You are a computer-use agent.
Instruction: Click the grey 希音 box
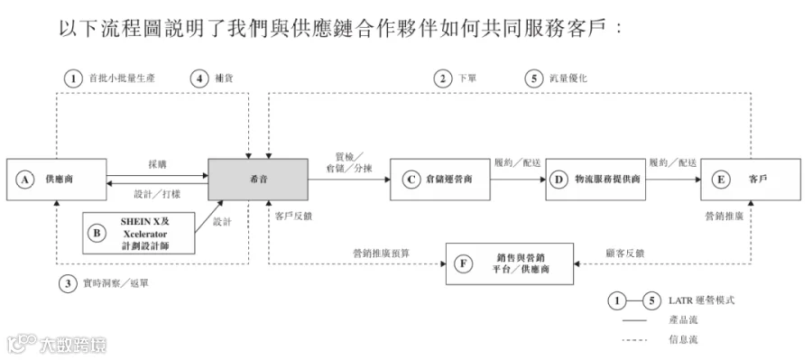[x=258, y=180]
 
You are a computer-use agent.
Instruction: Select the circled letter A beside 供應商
[x=23, y=180]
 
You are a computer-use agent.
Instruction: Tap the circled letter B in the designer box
[x=97, y=233]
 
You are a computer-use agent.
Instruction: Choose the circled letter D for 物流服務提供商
[x=558, y=180]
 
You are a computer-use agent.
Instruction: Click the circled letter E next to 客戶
[x=720, y=180]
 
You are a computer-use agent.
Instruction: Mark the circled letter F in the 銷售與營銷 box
[x=463, y=263]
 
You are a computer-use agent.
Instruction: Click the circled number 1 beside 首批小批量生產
[x=74, y=78]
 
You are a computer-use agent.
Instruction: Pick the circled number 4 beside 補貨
[x=198, y=78]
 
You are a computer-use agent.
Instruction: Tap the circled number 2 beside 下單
[x=442, y=78]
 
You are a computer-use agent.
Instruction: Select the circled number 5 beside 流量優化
[x=534, y=78]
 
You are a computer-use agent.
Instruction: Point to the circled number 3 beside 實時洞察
[x=68, y=284]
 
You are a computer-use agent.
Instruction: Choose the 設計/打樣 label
[x=157, y=194]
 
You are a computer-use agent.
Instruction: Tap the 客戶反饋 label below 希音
[x=293, y=217]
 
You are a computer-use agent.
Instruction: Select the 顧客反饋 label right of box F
[x=625, y=254]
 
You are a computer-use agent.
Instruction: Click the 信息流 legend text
[x=683, y=340]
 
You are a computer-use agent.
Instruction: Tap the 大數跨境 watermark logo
[x=57, y=344]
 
